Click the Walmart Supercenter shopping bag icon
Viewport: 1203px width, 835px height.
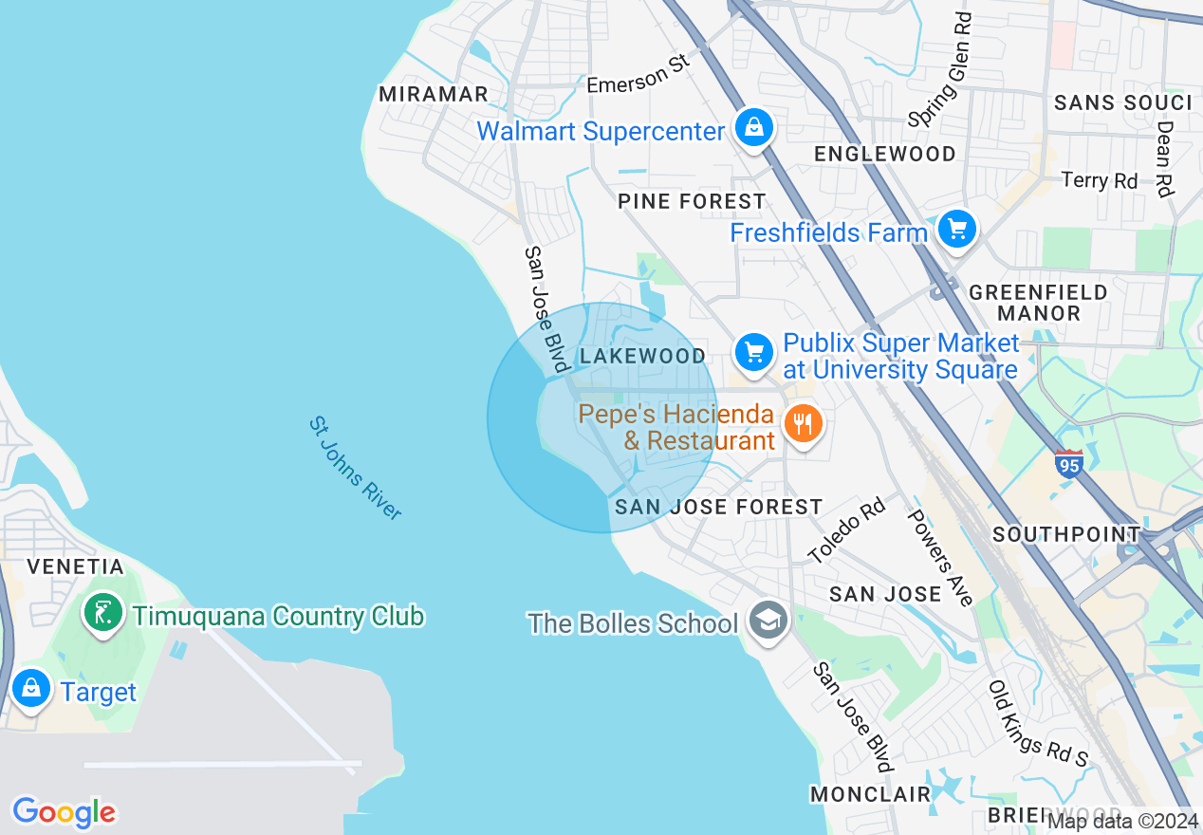tap(753, 127)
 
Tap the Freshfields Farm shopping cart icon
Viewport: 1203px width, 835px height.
tap(956, 229)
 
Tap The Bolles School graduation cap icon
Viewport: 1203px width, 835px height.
tap(767, 621)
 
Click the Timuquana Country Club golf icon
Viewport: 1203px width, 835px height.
tap(102, 613)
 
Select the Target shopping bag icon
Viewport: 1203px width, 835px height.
tap(31, 688)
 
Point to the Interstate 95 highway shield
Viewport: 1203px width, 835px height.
tap(1068, 463)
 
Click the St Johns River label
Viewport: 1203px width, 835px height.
tap(356, 468)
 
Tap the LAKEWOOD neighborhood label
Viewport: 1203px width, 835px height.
tap(642, 356)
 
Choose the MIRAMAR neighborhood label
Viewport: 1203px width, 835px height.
tap(433, 94)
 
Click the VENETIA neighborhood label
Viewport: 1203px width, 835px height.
tap(75, 566)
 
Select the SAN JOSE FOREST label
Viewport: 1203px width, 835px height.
tap(718, 507)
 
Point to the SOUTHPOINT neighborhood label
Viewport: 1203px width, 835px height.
tap(1065, 534)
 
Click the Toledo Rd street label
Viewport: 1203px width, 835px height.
tap(845, 531)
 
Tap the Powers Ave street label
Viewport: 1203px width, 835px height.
tap(940, 557)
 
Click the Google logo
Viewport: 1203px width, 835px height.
tap(64, 812)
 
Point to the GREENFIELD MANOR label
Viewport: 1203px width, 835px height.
tap(1038, 302)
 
